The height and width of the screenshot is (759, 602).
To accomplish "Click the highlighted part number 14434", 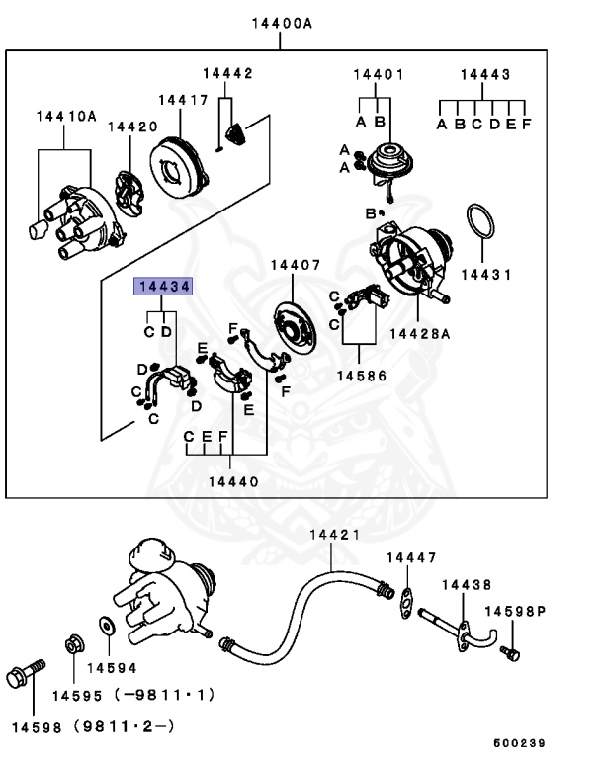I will coord(164,287).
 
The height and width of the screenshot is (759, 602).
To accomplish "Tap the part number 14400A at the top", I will coord(280,22).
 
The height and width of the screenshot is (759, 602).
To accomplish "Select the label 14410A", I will coord(66,116).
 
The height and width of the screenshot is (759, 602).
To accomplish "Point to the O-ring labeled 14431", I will coord(480,222).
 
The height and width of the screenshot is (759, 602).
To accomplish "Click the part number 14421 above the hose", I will coord(334,535).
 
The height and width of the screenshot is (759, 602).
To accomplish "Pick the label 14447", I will coord(410,558).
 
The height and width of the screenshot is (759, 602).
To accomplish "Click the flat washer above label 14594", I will coord(106,627).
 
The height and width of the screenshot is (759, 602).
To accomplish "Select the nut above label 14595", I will coord(74,645).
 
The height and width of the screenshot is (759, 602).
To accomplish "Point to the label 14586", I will coord(361,377).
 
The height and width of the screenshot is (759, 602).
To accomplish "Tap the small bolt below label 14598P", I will coord(509,652).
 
